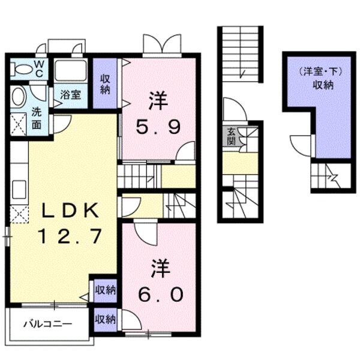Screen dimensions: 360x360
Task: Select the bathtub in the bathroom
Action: tap(70, 70)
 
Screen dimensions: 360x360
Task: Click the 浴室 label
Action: tap(70, 95)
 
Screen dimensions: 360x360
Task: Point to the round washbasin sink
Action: tap(19, 97)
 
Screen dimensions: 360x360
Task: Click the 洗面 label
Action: tap(37, 118)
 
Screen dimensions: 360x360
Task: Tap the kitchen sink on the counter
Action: tap(19, 190)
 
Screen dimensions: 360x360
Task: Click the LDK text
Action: tap(70, 211)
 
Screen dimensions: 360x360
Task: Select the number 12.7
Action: tap(70, 236)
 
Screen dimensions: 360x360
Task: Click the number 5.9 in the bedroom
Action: tap(158, 127)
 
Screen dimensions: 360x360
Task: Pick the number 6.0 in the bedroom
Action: tap(160, 294)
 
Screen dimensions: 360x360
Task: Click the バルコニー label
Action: tap(48, 324)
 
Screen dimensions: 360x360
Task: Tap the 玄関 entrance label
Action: tap(231, 136)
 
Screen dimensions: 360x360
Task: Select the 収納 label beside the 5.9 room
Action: tap(105, 84)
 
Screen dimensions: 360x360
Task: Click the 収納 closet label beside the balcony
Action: tap(106, 319)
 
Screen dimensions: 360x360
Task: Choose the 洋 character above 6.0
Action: tap(160, 269)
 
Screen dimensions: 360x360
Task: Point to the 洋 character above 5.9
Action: tap(158, 101)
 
